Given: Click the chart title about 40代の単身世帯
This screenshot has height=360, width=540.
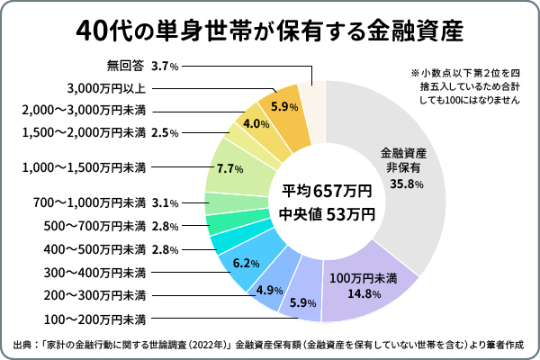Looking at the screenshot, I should coord(269,32).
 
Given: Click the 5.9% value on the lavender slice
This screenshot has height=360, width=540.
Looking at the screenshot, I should coord(303,302).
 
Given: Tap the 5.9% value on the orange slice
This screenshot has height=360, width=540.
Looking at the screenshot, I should coord(284,106).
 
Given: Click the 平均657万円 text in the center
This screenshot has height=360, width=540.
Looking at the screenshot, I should coord(327,191).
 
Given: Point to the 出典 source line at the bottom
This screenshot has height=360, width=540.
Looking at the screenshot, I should coord(269,345).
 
